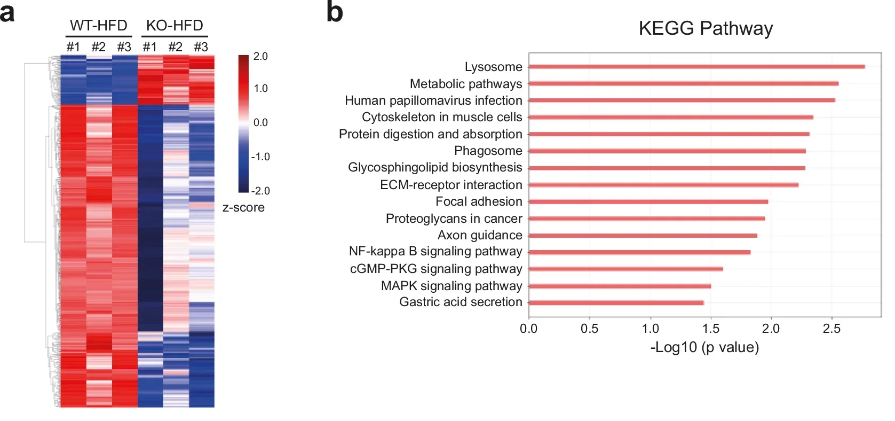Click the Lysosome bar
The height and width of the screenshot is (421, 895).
[696, 67]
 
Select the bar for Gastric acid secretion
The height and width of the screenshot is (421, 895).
[616, 303]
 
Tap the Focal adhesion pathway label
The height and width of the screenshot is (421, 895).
[479, 201]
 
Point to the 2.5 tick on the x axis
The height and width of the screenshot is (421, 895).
[831, 329]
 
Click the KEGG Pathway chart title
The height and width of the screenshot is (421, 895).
[706, 28]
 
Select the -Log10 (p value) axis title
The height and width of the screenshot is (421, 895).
[704, 347]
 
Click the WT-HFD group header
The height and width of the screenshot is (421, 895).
[99, 26]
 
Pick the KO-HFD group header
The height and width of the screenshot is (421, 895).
[175, 26]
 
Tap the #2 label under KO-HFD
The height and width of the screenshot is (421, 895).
[175, 47]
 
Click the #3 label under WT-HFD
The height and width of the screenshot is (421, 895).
[124, 47]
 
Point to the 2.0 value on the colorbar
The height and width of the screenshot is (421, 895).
[260, 57]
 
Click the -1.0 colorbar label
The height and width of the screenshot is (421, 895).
[260, 157]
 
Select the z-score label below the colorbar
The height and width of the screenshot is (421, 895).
[243, 207]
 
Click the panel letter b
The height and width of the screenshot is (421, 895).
[335, 13]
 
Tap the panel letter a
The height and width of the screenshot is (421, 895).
[7, 13]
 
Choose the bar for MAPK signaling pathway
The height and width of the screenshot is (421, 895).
[619, 286]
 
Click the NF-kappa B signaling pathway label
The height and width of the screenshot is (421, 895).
[435, 251]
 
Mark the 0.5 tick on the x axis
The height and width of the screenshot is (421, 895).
[589, 329]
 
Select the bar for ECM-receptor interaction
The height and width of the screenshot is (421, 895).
[663, 185]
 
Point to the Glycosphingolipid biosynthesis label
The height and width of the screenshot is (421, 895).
[435, 167]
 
